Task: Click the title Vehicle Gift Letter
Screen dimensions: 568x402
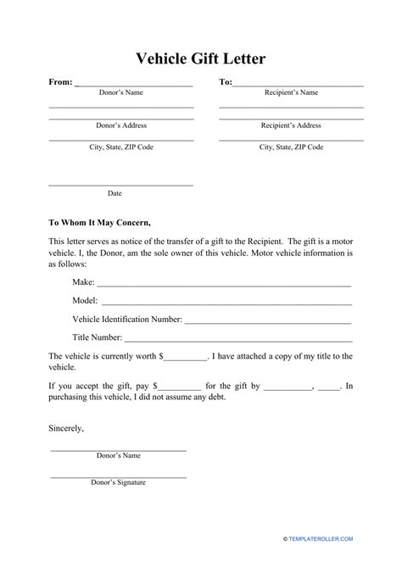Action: pos(201,58)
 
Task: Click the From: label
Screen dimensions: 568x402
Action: pos(60,83)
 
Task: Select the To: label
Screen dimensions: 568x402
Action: pos(226,83)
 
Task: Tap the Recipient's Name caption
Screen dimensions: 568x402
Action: pos(291,92)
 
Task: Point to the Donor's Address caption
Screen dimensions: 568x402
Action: pos(121,125)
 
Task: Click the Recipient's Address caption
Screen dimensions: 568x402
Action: pos(291,125)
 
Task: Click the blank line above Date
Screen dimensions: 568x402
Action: pos(121,185)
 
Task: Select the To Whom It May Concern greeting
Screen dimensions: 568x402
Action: pos(100,224)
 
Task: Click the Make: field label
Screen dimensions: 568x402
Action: pos(84,281)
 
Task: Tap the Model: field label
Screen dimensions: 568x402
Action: pos(86,300)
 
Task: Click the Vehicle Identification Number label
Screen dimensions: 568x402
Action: pos(126,320)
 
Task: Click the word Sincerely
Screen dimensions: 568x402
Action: pos(66,428)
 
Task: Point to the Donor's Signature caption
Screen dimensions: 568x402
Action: pos(119,482)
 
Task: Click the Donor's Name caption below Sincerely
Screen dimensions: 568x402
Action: pos(119,456)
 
